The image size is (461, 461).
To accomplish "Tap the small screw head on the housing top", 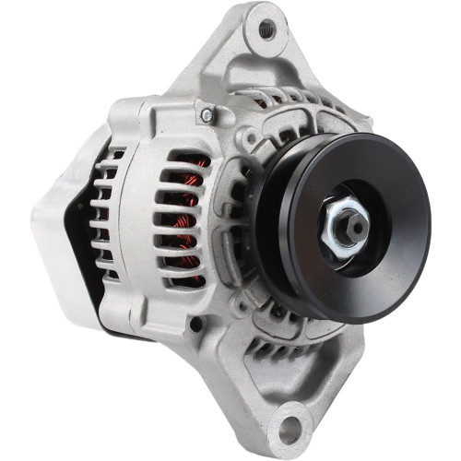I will [x=207, y=114].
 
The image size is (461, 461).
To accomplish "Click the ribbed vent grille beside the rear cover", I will [x=108, y=217].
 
